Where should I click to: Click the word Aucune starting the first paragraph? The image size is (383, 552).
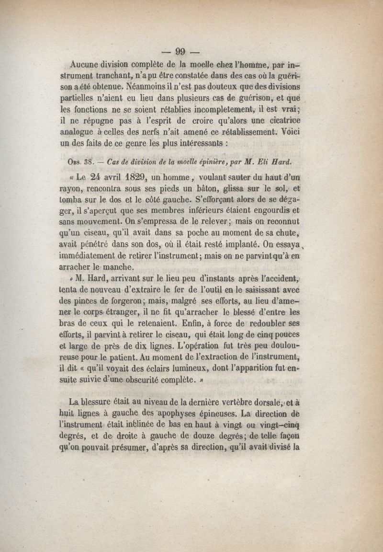[x=85, y=65]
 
